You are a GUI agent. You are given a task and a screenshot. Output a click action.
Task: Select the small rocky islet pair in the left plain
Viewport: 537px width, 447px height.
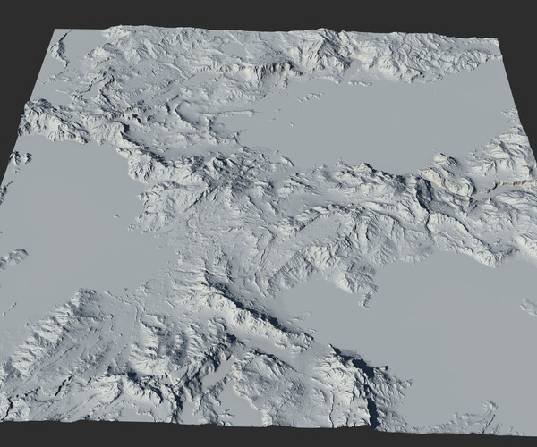(20, 159)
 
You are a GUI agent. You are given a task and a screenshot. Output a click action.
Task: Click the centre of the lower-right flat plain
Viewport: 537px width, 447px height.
(447, 340)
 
